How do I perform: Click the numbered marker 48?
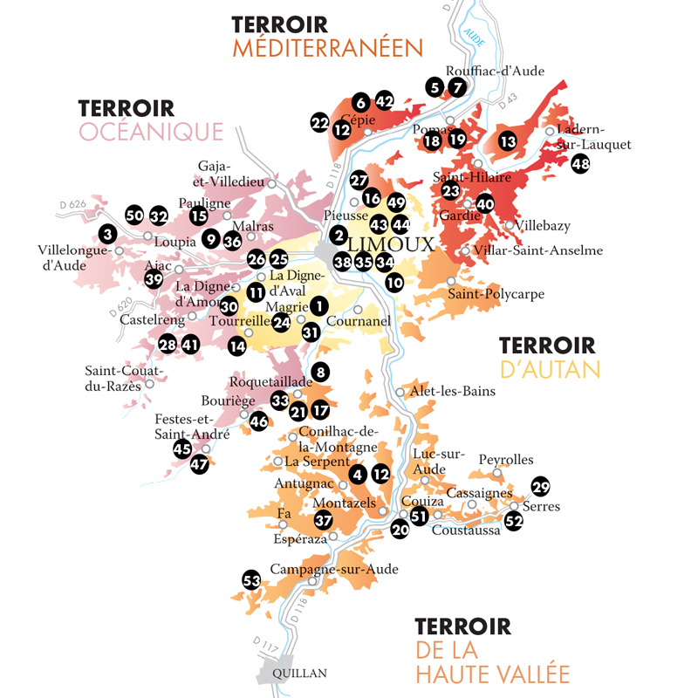coord(581,163)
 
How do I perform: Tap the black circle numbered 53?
coord(251,580)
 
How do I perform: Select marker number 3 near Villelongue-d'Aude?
coord(106,234)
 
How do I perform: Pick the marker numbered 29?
coord(541,487)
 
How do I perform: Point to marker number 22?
coord(319,122)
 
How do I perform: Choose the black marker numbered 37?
coord(324,521)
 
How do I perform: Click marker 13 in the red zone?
coord(508,140)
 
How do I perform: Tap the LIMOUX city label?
coord(390,243)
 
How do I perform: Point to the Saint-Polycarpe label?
coord(496,294)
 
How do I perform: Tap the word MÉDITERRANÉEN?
coord(326,47)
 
